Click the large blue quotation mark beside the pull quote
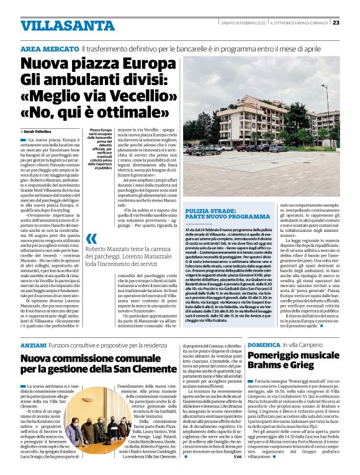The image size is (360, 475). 91,238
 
